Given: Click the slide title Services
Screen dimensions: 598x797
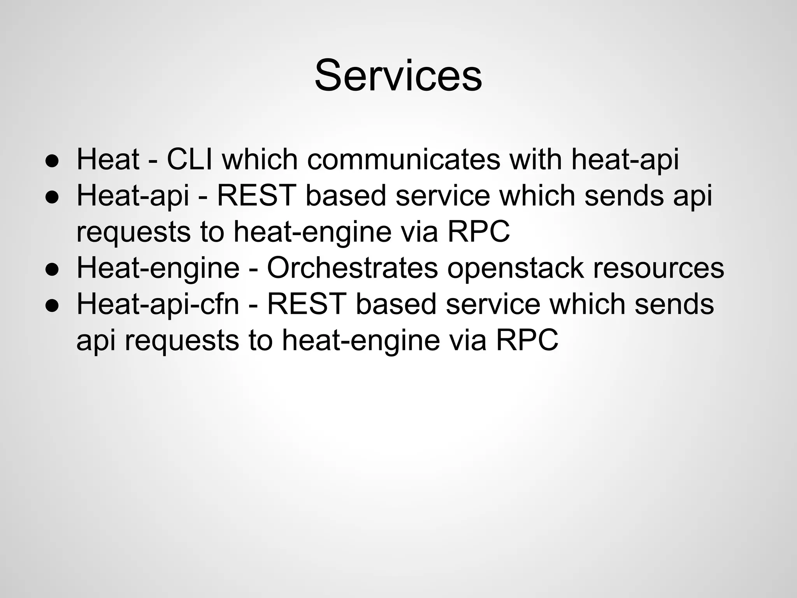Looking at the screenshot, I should (x=398, y=75).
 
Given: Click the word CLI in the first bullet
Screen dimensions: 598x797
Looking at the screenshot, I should (x=190, y=159).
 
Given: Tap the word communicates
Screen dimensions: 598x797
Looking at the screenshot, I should (x=404, y=159).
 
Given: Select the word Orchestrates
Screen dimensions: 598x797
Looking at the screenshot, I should (x=352, y=268).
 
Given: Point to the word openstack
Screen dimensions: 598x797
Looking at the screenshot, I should (x=515, y=269).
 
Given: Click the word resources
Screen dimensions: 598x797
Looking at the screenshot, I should (x=658, y=269).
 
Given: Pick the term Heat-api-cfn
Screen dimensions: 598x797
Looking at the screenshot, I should (x=158, y=304).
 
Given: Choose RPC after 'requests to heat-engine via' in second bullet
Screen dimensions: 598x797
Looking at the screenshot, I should (x=478, y=232).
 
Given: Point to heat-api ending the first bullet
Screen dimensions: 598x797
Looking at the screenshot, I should (x=625, y=160).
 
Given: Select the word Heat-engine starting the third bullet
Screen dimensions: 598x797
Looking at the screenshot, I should (x=158, y=269).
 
